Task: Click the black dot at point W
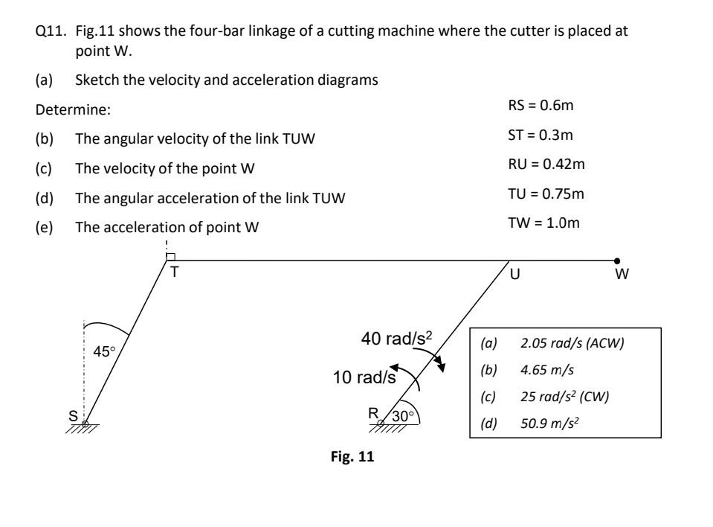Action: [x=617, y=261]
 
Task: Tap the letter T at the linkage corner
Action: [x=175, y=272]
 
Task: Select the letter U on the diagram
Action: [x=514, y=274]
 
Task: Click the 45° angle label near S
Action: [x=103, y=351]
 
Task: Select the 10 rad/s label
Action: [x=364, y=377]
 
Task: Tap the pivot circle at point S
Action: [x=86, y=424]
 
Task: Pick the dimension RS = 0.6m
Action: [x=539, y=106]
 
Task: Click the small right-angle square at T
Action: [x=170, y=256]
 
